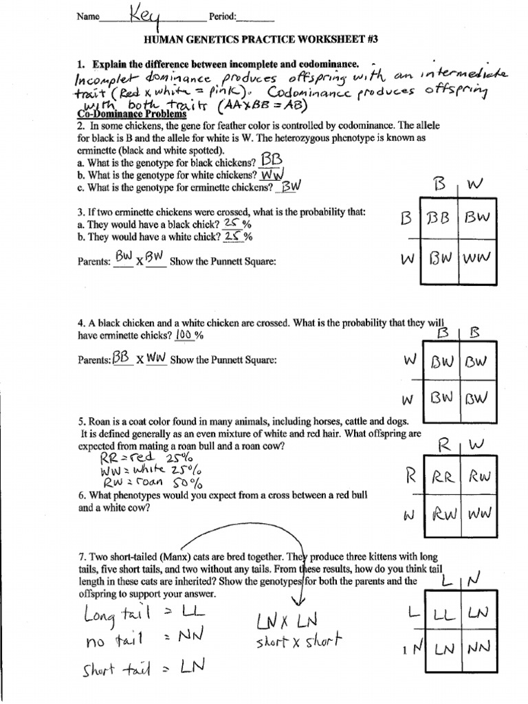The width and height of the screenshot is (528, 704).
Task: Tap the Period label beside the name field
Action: (x=227, y=16)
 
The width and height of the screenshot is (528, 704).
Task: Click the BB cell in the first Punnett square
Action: (x=437, y=219)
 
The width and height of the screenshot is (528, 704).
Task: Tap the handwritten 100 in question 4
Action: (x=184, y=334)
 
